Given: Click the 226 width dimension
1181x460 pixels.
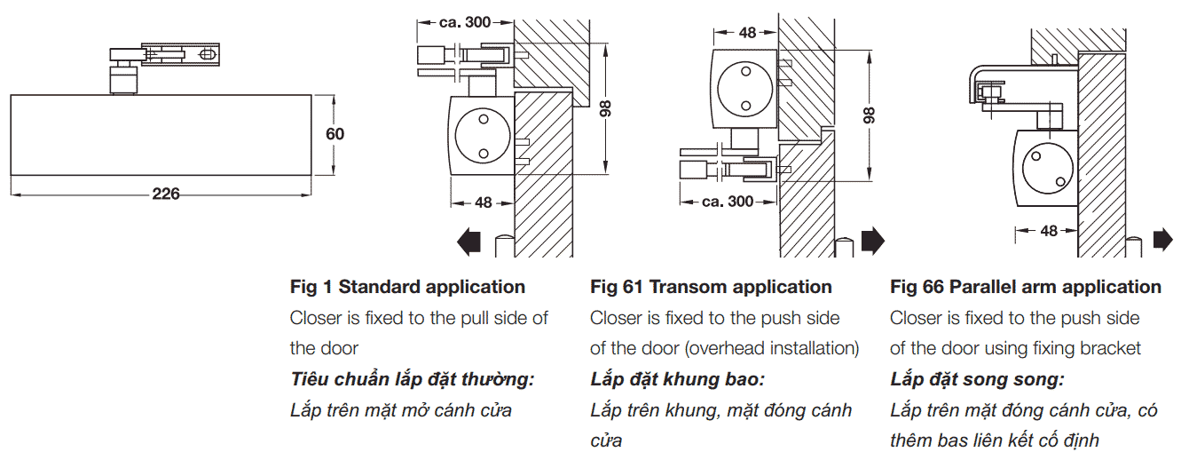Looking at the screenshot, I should click(x=165, y=194).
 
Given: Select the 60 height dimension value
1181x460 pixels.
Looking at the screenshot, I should click(x=335, y=134).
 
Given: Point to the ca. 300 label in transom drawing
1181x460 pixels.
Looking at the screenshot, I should click(x=727, y=202).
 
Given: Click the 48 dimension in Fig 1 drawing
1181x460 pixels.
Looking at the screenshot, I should click(x=482, y=202).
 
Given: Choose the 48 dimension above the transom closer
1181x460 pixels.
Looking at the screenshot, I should click(x=747, y=32).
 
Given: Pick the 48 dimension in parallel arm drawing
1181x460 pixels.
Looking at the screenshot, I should click(x=1049, y=231).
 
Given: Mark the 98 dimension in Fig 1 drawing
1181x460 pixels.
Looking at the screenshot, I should click(x=606, y=108).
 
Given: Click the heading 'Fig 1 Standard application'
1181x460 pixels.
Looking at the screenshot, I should click(x=407, y=287).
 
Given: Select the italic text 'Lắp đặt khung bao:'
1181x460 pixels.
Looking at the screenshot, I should click(x=677, y=379).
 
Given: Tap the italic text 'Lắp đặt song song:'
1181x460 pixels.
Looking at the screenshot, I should click(x=977, y=379).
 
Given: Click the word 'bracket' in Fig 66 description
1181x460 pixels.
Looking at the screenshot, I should click(x=1110, y=348).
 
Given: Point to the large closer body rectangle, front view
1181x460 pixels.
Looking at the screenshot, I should click(x=161, y=134).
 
